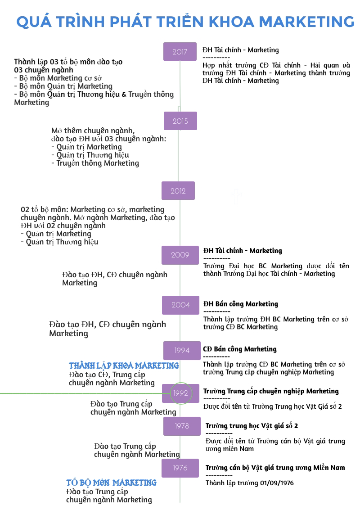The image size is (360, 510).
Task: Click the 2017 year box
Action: pos(180,51)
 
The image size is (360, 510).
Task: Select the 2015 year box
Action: pos(180,121)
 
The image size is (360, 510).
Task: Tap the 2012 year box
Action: pos(178,190)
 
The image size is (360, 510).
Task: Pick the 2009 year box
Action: pos(180,255)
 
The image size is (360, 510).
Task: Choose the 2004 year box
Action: pos(180,305)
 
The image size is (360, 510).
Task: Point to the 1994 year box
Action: pos(182,350)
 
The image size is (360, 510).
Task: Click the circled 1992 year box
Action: pos(180,393)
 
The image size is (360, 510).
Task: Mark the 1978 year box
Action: pos(182,426)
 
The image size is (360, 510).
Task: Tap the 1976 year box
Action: pos(180,468)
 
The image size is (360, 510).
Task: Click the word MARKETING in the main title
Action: pos(307,21)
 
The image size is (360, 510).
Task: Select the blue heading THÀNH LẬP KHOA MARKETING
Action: pos(124,366)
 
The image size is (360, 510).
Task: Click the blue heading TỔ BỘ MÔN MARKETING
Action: pos(111,483)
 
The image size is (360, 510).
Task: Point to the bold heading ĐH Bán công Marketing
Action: pos(241,304)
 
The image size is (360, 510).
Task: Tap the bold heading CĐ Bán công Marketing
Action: pos(240,349)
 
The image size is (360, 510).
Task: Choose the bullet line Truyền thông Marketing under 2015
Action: pos(97,163)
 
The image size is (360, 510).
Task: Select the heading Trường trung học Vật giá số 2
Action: pos(252,426)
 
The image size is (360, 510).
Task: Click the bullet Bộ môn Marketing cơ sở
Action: pos(60,78)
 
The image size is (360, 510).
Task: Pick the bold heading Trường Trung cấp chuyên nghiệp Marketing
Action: pos(271,391)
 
